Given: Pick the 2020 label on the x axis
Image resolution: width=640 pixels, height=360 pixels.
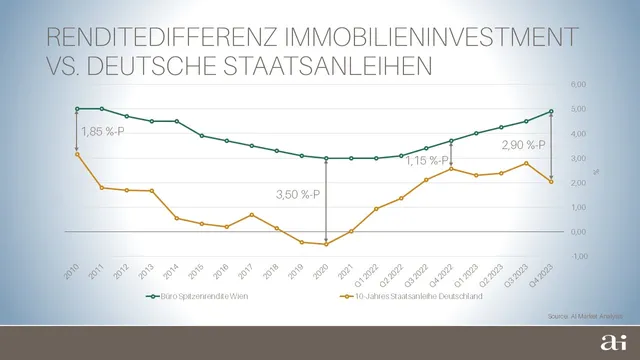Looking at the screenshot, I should tap(321, 271).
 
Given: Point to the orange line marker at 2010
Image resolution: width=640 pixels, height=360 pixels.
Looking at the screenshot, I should tap(77, 154).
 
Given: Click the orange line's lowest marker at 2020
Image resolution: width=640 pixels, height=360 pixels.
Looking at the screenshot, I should tap(326, 244).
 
